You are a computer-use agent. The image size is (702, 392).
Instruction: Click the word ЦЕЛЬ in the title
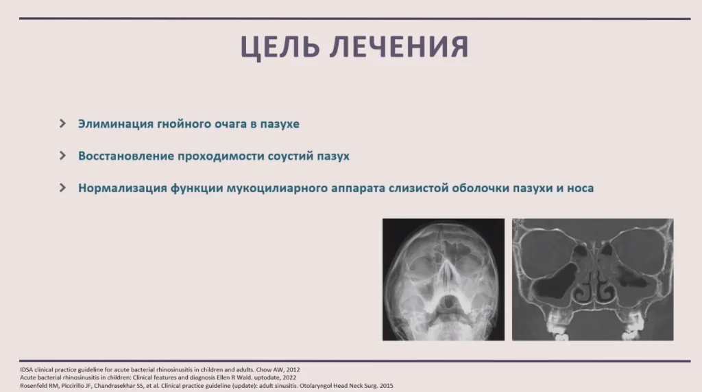280,47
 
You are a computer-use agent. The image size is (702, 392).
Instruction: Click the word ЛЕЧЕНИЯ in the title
400,46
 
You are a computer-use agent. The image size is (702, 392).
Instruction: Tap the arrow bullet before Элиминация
62,124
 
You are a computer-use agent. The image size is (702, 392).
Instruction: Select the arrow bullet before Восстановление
62,156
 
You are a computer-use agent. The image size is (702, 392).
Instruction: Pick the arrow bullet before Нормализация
62,187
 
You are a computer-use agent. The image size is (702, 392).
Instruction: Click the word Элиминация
115,124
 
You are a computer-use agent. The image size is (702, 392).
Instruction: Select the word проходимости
221,156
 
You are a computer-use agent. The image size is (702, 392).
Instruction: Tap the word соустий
291,156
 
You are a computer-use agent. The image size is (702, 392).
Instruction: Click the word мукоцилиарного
277,188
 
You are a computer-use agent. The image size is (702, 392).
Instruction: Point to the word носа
580,188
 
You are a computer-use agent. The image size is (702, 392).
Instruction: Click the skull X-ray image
444,279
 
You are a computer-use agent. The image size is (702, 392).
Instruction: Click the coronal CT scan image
593,279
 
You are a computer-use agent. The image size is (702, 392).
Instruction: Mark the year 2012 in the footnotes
293,369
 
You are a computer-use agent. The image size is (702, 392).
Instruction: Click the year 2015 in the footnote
387,386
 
